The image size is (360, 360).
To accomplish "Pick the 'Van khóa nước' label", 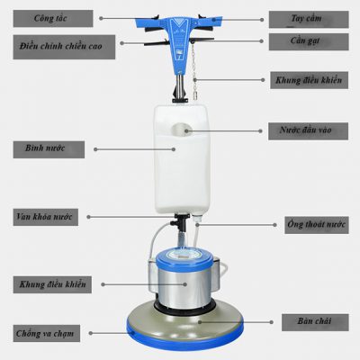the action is (46, 217).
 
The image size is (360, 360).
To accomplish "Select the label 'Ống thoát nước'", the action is (317, 225).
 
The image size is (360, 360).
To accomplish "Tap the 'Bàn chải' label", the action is (315, 322).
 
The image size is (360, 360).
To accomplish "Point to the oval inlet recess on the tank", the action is (182, 130).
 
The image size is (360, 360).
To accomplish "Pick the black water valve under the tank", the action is (180, 222).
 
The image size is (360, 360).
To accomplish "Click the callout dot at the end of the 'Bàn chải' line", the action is (271, 322).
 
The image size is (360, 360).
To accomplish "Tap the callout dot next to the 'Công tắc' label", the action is (101, 18).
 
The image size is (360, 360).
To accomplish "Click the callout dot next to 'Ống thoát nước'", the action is (274, 225).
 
